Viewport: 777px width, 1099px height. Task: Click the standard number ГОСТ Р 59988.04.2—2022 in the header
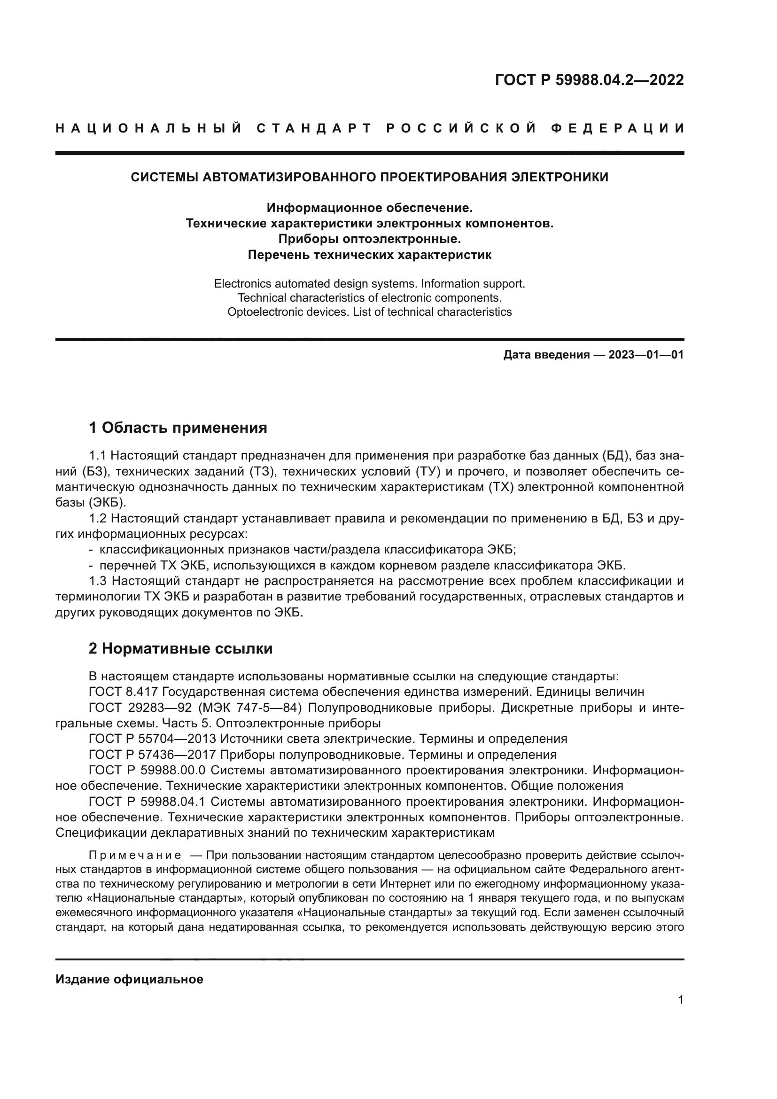click(589, 80)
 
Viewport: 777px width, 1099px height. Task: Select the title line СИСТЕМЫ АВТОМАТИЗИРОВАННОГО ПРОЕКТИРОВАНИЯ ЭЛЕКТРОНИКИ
click(369, 177)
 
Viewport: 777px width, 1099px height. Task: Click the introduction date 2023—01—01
click(646, 355)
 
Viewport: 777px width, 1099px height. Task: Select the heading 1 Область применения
click(178, 428)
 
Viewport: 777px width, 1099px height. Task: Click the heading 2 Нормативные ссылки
click(180, 648)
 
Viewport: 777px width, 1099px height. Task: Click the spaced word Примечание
click(135, 855)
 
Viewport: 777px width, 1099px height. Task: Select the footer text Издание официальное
click(129, 979)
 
